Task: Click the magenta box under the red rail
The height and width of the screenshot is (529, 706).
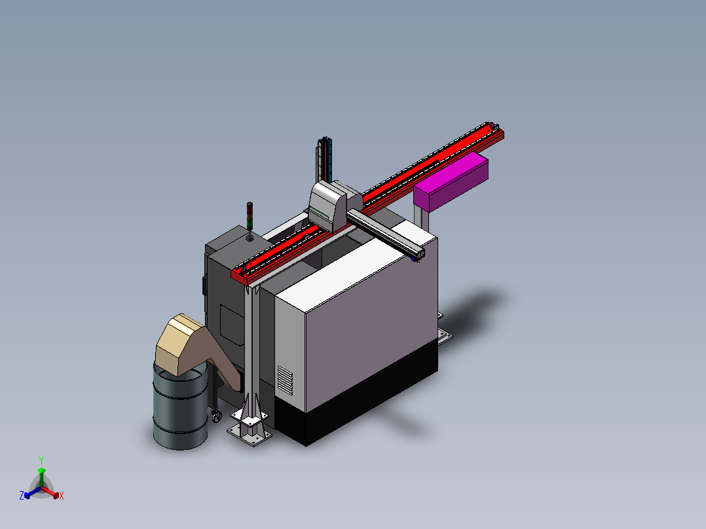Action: (451, 181)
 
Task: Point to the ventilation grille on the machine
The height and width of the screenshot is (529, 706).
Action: (284, 380)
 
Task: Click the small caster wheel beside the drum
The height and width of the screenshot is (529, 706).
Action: (217, 416)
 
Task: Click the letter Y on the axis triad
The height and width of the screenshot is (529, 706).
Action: (41, 460)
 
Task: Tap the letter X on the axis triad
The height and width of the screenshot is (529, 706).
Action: (62, 496)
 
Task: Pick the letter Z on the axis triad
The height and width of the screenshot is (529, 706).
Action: (22, 495)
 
